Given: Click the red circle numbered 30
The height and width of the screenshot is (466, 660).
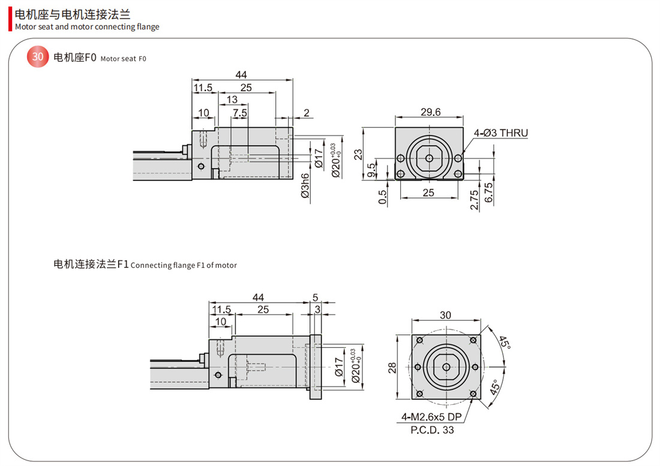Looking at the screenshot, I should point(38,57).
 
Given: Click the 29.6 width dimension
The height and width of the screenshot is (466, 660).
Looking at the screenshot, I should point(430,112).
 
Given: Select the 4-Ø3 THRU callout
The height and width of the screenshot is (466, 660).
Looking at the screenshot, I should point(501,133).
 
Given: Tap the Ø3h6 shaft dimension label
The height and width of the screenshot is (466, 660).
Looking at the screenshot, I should point(305,186).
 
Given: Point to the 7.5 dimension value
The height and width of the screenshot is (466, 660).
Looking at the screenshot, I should point(240,113).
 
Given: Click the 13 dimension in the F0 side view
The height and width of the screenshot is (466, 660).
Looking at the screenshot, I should point(232,100).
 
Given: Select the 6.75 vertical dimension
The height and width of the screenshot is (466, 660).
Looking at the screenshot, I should point(488,193).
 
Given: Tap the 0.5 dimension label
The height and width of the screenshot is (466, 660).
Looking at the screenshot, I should point(383,196).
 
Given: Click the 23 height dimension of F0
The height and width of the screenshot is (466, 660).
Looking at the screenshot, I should point(359,154).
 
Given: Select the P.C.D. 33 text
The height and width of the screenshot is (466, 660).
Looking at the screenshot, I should point(432,429).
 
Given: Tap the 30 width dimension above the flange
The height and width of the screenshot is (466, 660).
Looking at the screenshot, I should point(445,315).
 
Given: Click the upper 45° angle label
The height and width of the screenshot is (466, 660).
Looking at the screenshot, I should point(505,343).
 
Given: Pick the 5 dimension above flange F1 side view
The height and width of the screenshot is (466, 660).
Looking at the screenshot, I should point(316,297).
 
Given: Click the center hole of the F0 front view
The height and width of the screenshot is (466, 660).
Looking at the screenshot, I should point(429,158).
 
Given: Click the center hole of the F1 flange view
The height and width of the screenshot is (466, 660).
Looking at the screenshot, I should point(445,367).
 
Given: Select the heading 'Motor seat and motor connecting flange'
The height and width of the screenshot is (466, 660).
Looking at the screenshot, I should point(87,26).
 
